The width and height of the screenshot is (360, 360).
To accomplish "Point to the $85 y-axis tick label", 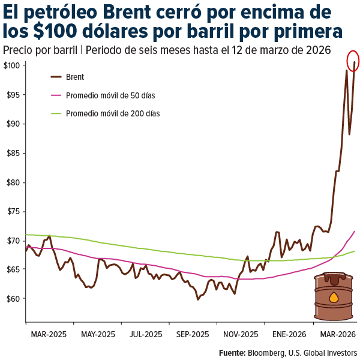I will pos(14,153).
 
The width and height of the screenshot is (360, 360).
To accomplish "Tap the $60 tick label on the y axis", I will pos(14,298).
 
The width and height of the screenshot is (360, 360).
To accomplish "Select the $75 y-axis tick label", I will pos(14,211).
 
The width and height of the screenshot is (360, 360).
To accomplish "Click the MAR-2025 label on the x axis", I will pos(48,335).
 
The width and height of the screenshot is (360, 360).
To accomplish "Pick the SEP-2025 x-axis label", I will pos(192,335).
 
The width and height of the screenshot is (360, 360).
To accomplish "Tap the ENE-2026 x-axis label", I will pos(289,335).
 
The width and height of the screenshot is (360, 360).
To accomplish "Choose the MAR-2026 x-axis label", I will pos(337,335).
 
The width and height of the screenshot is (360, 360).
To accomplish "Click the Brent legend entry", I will pos(75,77).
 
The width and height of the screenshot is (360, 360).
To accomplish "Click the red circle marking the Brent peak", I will pos(353,61).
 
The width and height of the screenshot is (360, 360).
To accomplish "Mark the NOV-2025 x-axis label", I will pos(241,335).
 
